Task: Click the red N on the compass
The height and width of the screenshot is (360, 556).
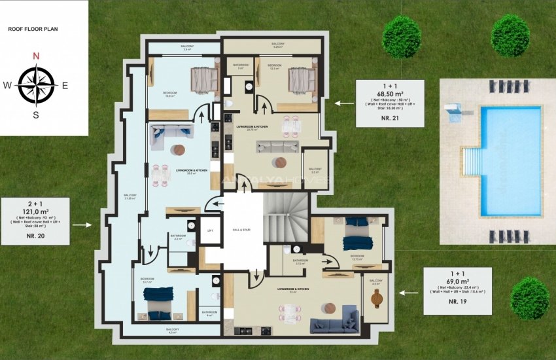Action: coord(37,56)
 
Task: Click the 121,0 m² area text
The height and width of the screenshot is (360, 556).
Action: coord(35,212)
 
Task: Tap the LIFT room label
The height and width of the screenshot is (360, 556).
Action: coord(210,230)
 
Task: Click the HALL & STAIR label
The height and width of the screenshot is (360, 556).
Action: coord(241,230)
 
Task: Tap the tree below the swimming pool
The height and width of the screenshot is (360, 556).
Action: coord(529,298)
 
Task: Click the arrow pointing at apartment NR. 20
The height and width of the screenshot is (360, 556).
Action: coord(82,225)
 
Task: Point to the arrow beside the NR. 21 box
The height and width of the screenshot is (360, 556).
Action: coord(341,103)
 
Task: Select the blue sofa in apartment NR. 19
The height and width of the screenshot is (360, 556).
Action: coord(334,321)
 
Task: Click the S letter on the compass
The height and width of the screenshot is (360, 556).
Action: coord(36,115)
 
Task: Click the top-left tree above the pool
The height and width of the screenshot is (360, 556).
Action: coord(401,36)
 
